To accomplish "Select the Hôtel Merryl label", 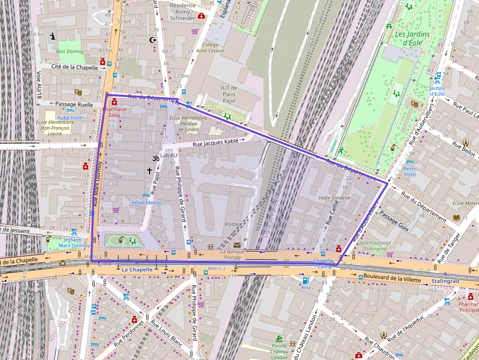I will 146,202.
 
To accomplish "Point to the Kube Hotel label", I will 70,118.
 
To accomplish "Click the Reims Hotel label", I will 410,171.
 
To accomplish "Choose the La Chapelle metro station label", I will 137,269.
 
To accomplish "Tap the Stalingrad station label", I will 445,281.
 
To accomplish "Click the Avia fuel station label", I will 306,288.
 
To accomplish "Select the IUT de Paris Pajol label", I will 228,94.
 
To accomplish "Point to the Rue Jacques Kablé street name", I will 216,143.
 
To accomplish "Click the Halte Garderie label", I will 334,198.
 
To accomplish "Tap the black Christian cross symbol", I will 150,170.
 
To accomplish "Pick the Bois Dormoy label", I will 70,51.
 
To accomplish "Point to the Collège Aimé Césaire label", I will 210,47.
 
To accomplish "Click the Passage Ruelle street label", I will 74,104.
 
